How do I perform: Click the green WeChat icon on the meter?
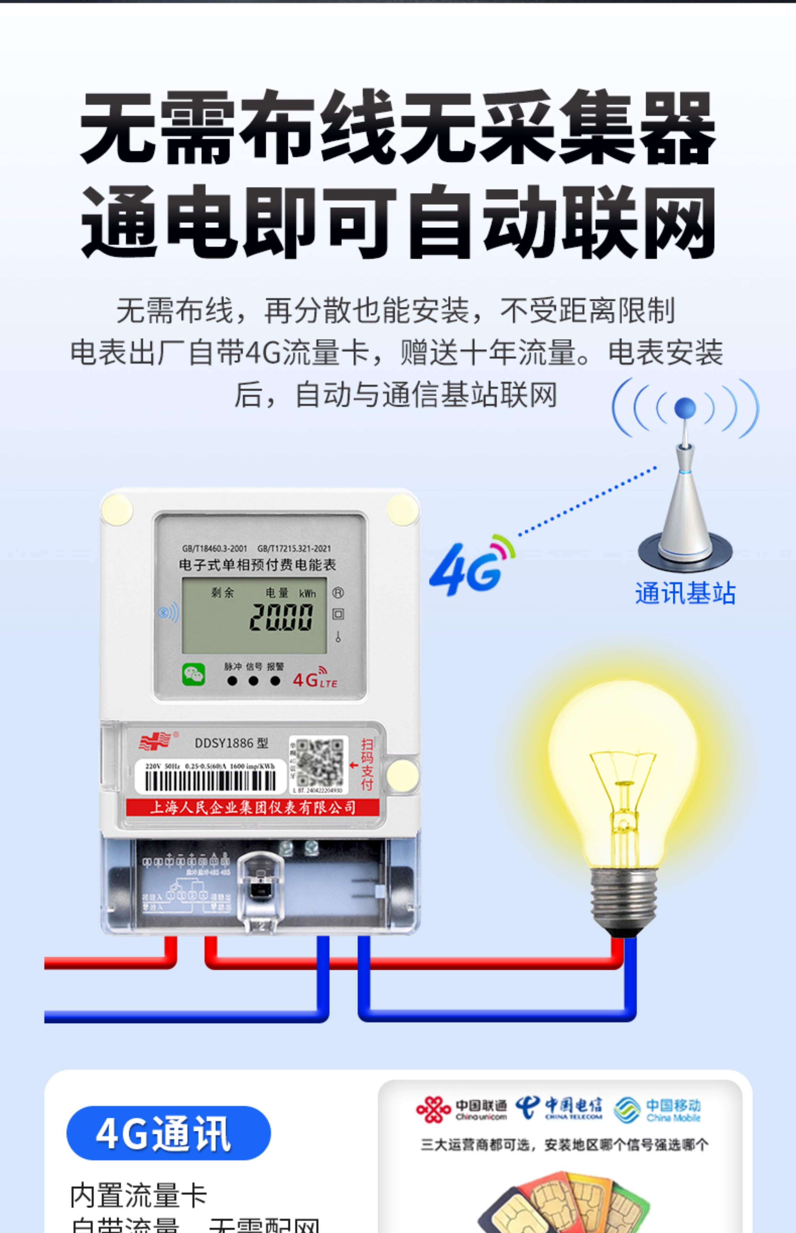click(193, 674)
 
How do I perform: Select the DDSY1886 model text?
click(231, 743)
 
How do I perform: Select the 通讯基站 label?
click(685, 593)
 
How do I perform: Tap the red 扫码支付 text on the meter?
click(367, 764)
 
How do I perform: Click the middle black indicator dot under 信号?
click(253, 681)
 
